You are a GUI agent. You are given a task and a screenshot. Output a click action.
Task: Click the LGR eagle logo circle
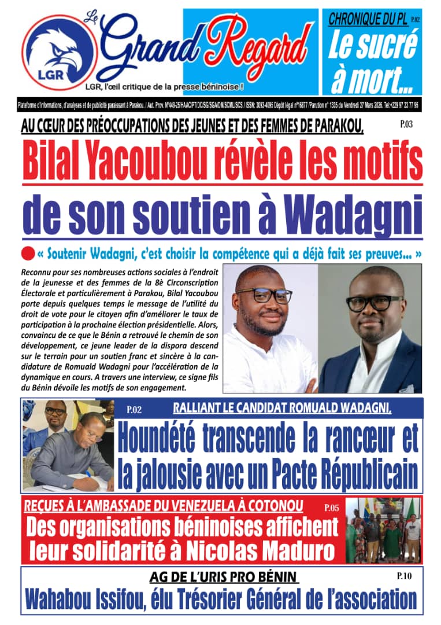58,57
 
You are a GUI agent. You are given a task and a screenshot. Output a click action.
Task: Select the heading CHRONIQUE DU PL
366,19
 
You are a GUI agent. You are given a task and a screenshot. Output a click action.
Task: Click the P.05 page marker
332,509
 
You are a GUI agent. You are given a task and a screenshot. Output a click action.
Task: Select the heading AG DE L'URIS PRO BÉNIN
224,578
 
